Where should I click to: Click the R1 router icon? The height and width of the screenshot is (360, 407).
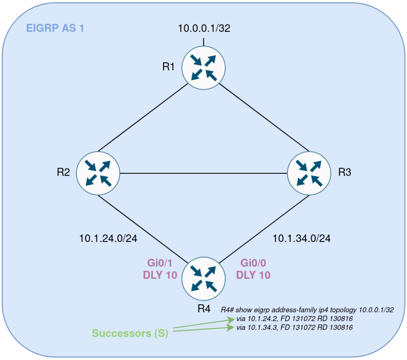[204, 67]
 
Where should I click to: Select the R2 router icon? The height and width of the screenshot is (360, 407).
[98, 172]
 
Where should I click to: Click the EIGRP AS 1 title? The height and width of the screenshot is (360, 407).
[55, 28]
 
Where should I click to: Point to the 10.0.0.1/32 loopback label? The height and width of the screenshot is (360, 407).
[204, 29]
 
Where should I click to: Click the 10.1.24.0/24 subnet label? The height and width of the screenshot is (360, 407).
[108, 239]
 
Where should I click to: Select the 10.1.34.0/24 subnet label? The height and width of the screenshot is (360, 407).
[302, 239]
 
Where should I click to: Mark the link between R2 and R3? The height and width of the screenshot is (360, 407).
[203, 172]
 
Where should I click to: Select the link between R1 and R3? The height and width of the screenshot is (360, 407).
[264, 117]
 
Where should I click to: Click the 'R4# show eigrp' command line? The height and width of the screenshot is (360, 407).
[307, 310]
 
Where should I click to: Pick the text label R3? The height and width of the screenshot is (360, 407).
[345, 172]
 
